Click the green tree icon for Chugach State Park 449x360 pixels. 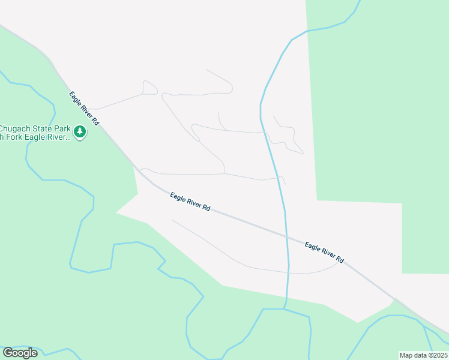[x=80, y=131]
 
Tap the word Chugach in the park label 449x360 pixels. [x=15, y=128]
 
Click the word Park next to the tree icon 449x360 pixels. [x=63, y=128]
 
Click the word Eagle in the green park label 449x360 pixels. [x=39, y=137]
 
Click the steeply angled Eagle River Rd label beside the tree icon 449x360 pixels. [x=83, y=108]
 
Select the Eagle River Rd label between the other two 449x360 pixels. [x=190, y=201]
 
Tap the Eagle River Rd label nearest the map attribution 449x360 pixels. [x=324, y=253]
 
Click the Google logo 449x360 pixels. [x=20, y=353]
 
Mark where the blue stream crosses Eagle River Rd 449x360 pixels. [x=286, y=236]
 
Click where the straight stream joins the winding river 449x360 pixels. [x=285, y=309]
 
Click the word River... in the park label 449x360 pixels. [x=61, y=137]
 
